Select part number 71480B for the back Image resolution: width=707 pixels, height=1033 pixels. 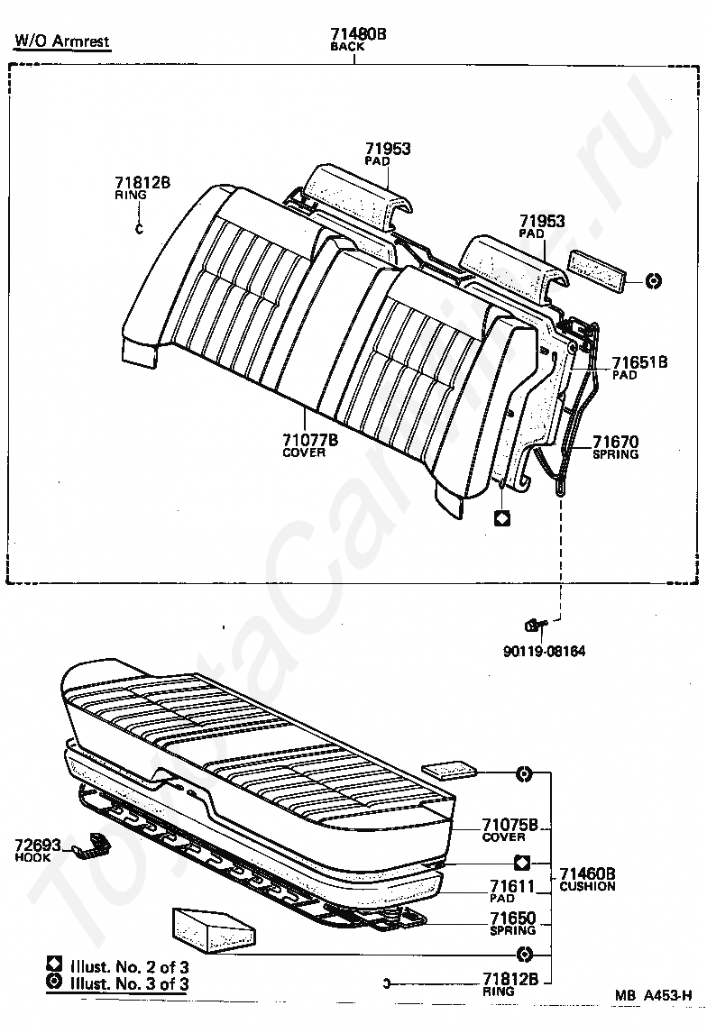pos(359,34)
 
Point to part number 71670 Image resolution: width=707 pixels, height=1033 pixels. pos(615,442)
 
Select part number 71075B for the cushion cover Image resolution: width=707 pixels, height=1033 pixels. pos(510,824)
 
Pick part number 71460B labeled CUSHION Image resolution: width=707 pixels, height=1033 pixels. pos(587,873)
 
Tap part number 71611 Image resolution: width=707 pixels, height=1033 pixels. pos(514,887)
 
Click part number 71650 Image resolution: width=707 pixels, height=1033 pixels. pos(513,919)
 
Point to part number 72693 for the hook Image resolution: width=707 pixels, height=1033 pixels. pos(37,846)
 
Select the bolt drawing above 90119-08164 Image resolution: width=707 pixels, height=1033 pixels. pos(536,624)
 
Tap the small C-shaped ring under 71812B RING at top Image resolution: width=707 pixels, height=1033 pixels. pos(139,227)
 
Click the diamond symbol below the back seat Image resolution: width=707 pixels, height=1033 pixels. pos(502,518)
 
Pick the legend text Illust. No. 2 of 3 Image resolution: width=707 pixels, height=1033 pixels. pos(126,966)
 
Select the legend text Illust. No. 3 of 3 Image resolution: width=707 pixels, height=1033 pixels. pos(126,983)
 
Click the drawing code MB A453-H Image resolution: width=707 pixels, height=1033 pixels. pos(654,995)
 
